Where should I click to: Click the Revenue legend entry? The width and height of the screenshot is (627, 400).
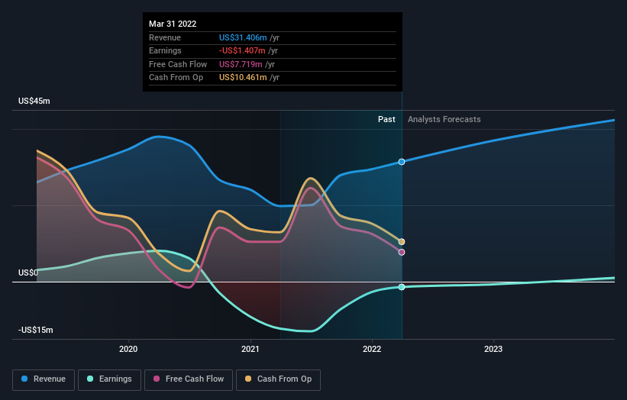[44, 379]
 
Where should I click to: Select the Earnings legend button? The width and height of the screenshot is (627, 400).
[109, 379]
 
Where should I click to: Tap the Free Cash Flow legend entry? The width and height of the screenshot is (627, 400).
[188, 379]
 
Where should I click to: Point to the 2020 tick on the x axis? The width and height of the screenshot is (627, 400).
[128, 349]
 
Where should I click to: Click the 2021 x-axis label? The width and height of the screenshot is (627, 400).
[250, 349]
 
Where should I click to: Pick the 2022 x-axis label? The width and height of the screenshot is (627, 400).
[372, 349]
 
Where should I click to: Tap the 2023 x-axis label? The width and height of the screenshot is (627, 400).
[493, 349]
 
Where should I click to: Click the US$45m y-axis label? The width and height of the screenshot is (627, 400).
[34, 102]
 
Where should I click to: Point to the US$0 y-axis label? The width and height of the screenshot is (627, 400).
[28, 273]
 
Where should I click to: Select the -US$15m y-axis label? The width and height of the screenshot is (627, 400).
[36, 330]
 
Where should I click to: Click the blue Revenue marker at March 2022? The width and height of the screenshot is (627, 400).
[402, 162]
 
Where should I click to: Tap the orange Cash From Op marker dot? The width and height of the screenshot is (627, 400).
[402, 242]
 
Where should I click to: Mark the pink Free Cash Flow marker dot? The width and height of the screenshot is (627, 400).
[402, 252]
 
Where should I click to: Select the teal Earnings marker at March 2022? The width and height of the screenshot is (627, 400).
[402, 287]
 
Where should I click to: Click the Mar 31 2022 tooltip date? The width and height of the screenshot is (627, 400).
[174, 24]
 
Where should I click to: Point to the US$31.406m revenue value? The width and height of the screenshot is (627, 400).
[243, 37]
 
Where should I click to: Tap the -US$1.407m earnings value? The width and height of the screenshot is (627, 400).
[243, 51]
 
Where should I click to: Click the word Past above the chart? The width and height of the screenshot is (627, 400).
[386, 119]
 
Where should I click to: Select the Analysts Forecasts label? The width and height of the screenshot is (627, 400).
[444, 119]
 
